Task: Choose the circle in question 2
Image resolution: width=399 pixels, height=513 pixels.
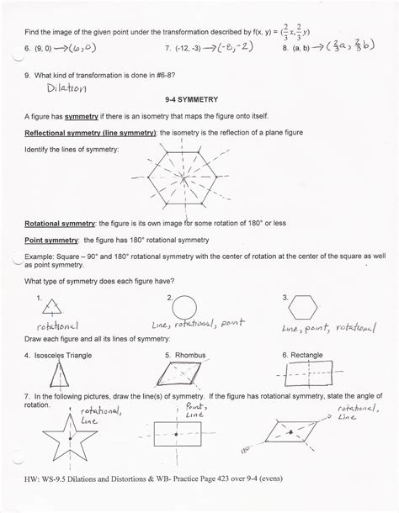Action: [186, 305]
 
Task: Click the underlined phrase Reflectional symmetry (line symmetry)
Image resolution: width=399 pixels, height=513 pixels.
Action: [93, 133]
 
